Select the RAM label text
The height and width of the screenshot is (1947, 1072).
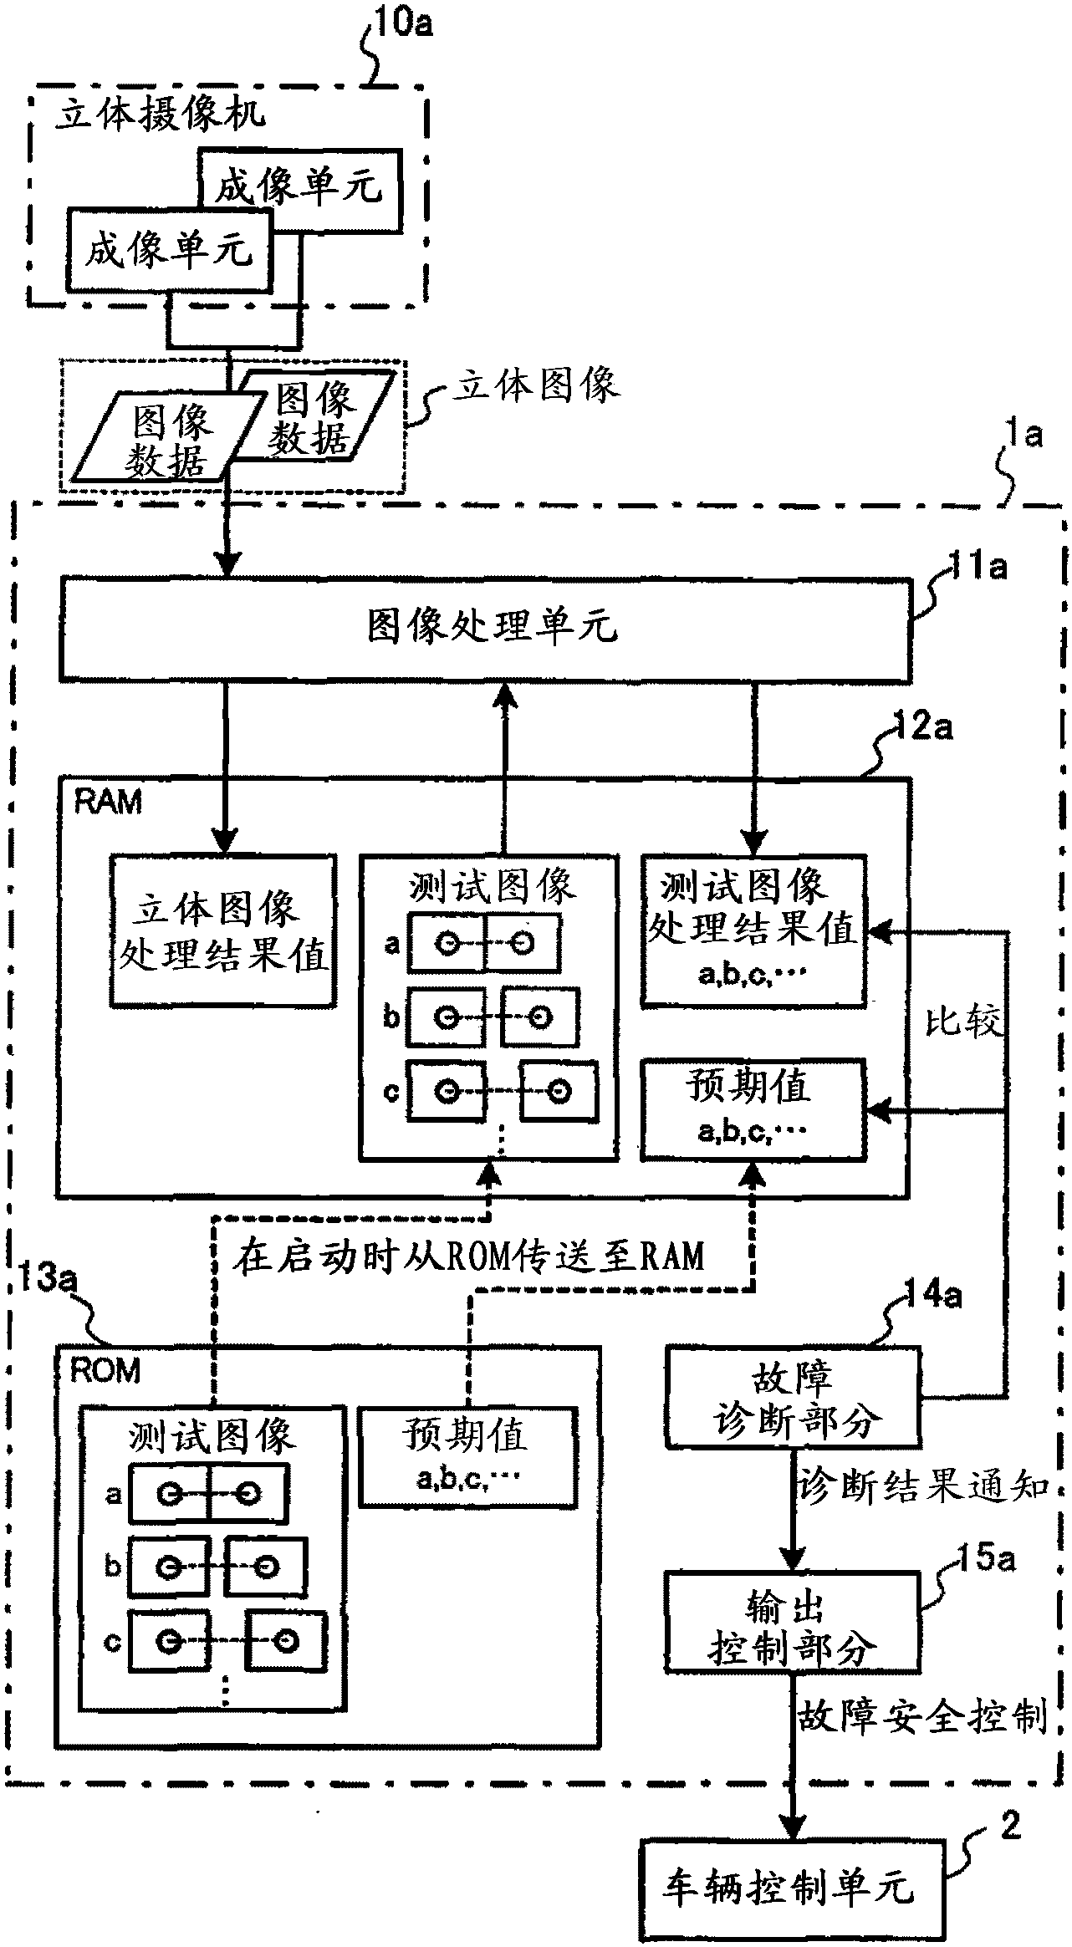click(x=108, y=801)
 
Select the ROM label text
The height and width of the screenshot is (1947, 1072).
click(x=105, y=1370)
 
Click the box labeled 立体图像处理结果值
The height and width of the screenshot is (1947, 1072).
click(x=223, y=930)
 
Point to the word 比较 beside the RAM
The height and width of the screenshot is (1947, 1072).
click(x=962, y=1021)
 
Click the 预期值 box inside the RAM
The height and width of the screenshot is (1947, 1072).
click(x=753, y=1109)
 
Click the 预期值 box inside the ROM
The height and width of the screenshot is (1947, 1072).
click(x=467, y=1456)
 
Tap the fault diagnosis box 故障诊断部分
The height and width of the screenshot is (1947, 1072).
click(x=793, y=1396)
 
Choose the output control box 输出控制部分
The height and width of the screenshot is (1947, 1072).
click(x=793, y=1622)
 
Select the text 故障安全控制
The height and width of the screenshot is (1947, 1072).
click(x=921, y=1712)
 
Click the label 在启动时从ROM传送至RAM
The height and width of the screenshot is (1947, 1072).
click(x=468, y=1256)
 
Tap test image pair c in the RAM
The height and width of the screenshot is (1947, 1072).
click(x=502, y=1091)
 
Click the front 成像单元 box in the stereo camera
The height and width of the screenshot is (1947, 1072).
click(x=170, y=249)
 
